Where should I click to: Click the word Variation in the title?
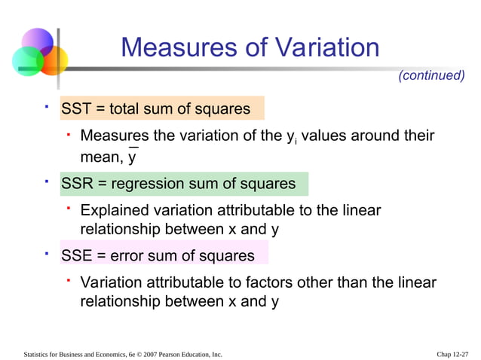point(322,48)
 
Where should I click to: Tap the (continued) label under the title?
point(430,75)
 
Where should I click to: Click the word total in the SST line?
point(127,108)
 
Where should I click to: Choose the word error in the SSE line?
point(127,256)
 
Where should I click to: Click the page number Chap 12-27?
point(452,353)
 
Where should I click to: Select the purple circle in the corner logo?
point(38,41)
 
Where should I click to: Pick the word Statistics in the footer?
point(38,353)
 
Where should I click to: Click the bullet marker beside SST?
point(47,107)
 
